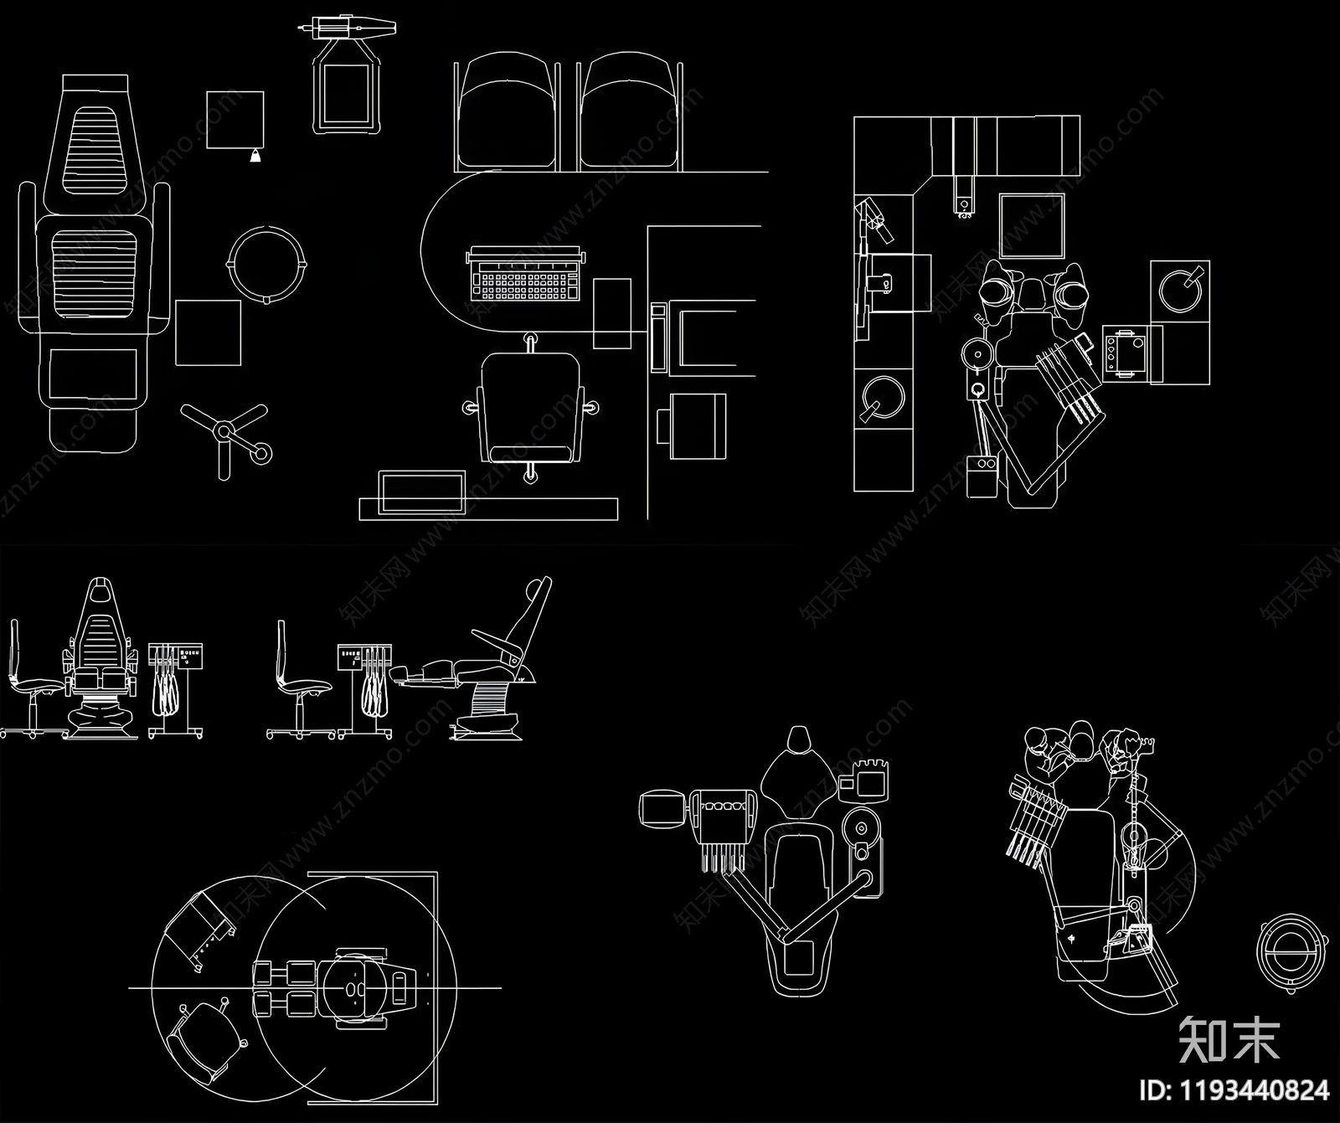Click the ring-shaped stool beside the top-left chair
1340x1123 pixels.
tap(267, 263)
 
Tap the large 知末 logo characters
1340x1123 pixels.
tap(1229, 1039)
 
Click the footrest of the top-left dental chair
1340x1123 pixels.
tap(93, 427)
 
